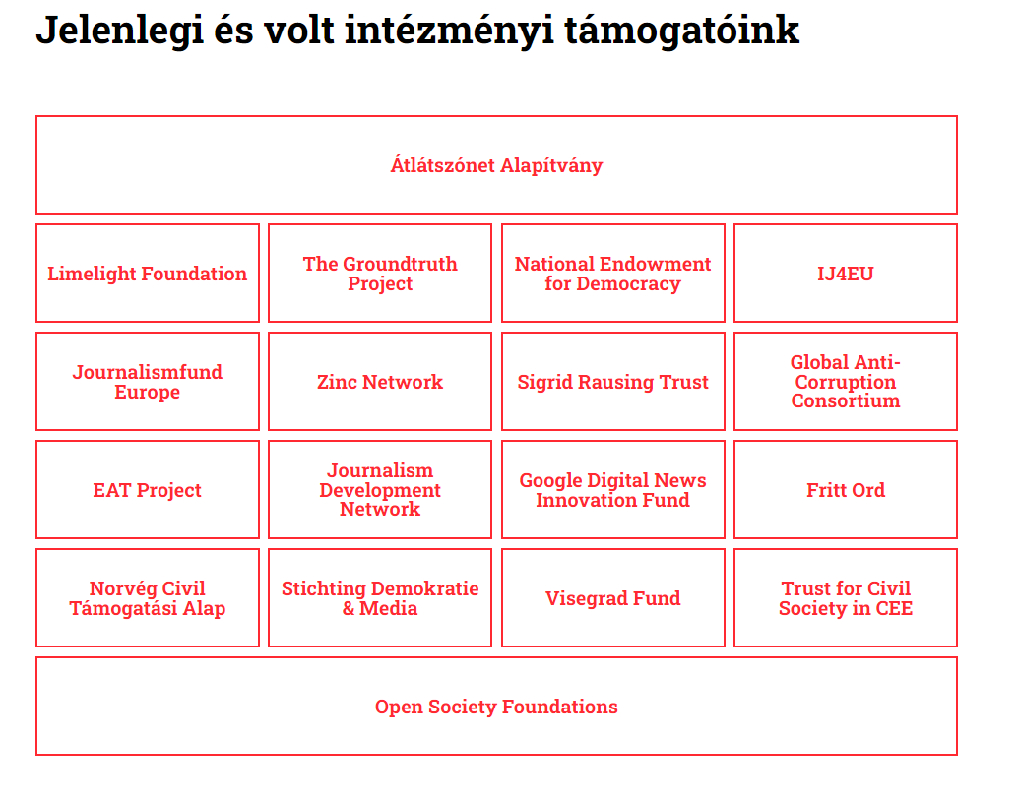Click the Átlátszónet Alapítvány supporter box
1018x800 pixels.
pyautogui.click(x=496, y=164)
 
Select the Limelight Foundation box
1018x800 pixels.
pyautogui.click(x=148, y=274)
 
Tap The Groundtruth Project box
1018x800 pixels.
pyautogui.click(x=380, y=274)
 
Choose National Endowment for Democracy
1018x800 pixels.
pyautogui.click(x=613, y=274)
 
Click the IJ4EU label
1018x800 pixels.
pyautogui.click(x=846, y=274)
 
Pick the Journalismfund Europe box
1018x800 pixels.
pyautogui.click(x=148, y=382)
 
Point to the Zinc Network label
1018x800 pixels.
pyautogui.click(x=380, y=382)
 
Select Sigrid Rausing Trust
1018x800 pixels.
pyautogui.click(x=613, y=382)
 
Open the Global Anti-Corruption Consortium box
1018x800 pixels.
pyautogui.click(x=846, y=382)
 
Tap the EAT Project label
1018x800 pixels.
pyautogui.click(x=148, y=490)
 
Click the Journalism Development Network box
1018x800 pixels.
pyautogui.click(x=380, y=490)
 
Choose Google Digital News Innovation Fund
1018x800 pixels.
pyautogui.click(x=613, y=490)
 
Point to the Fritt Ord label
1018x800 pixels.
pyautogui.click(x=846, y=490)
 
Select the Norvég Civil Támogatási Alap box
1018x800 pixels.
pyautogui.click(x=148, y=597)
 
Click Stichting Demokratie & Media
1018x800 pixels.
pyautogui.click(x=380, y=597)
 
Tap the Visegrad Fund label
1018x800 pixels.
pyautogui.click(x=613, y=597)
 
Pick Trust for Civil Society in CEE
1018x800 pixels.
pyautogui.click(x=846, y=597)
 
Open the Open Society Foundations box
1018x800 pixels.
pyautogui.click(x=496, y=706)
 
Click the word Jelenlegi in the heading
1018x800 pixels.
pyautogui.click(x=120, y=31)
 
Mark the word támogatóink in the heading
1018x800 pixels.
pyautogui.click(x=681, y=31)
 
